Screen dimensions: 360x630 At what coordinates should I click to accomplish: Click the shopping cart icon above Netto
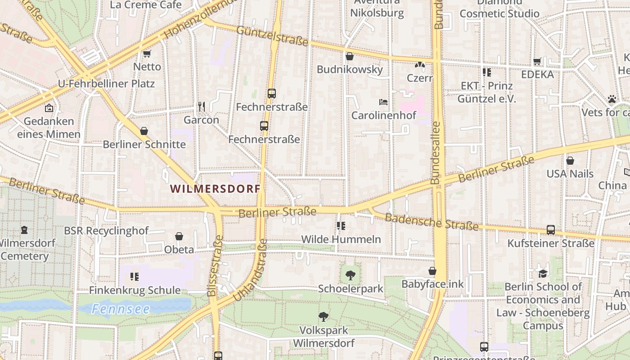tap(147, 54)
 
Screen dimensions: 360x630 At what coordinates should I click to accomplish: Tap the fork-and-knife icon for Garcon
tap(201, 106)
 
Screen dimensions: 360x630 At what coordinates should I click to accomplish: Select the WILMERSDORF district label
tap(216, 189)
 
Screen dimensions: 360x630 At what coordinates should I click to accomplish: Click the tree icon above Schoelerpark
tap(351, 275)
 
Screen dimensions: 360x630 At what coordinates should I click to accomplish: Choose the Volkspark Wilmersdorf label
tap(324, 337)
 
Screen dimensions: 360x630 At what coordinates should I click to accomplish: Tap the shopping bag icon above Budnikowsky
tap(349, 56)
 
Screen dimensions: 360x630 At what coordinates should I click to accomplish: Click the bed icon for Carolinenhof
tap(383, 102)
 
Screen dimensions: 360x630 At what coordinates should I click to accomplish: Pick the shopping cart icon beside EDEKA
tap(537, 61)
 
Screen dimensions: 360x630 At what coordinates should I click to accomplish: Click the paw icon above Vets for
tap(612, 99)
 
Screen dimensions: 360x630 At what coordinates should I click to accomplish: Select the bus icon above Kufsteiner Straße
tap(550, 230)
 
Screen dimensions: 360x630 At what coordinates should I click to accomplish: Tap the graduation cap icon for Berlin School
tap(543, 273)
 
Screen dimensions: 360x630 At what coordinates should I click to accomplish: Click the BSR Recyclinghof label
tap(106, 231)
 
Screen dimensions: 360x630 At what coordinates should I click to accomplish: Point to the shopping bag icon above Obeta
tap(179, 236)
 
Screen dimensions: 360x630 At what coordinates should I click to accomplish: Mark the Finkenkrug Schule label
tap(135, 290)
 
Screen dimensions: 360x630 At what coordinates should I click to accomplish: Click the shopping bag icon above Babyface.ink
tap(432, 271)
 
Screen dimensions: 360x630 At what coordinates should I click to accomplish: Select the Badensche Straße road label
tap(432, 221)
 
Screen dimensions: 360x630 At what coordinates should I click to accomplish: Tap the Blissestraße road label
tap(215, 266)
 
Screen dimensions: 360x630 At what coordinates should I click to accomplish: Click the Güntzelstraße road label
tap(272, 36)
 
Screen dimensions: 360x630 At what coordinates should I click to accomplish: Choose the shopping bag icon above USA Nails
tap(570, 161)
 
